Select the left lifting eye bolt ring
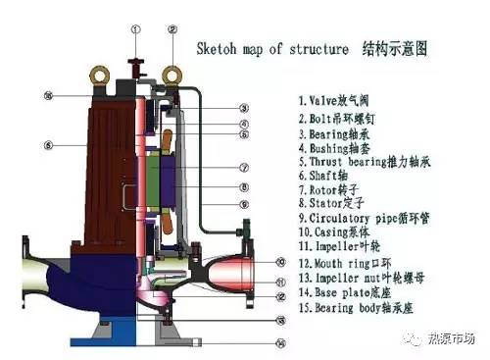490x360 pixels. pyautogui.click(x=98, y=73)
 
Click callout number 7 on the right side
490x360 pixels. pyautogui.click(x=243, y=167)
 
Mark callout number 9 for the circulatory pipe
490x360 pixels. pyautogui.click(x=243, y=204)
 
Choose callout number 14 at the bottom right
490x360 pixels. pyautogui.click(x=280, y=342)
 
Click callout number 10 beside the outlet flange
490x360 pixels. pyautogui.click(x=280, y=262)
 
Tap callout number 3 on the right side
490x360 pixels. pyautogui.click(x=243, y=107)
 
